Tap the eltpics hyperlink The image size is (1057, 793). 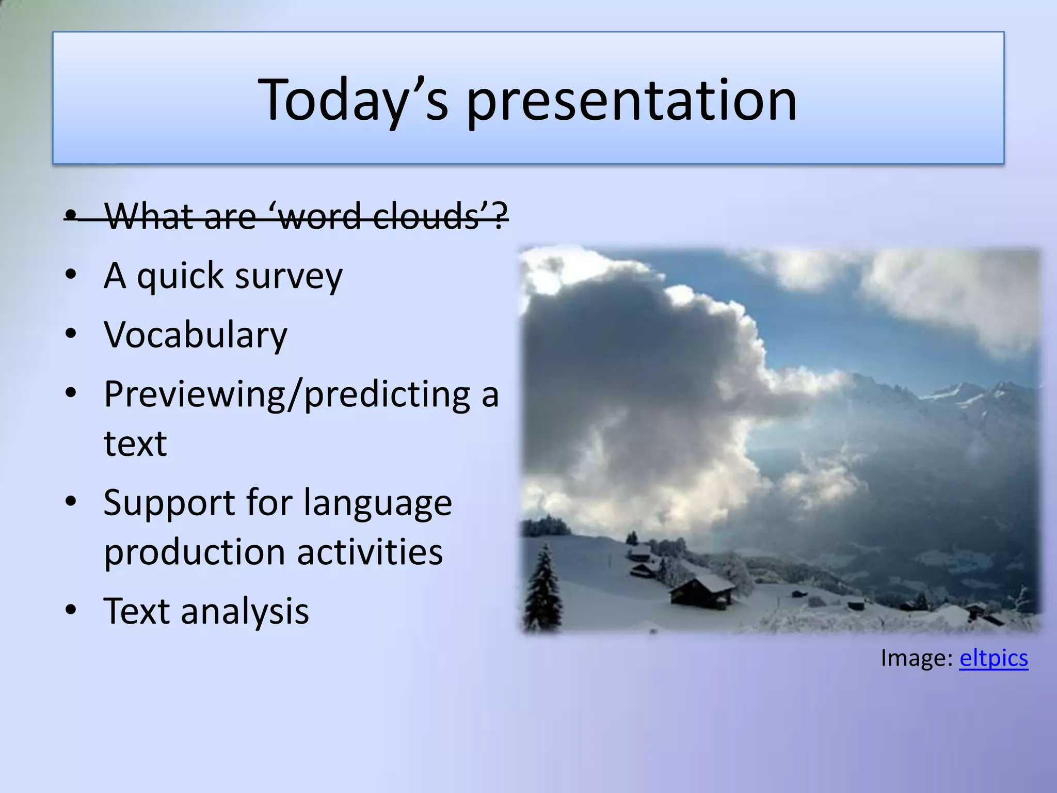coord(993,658)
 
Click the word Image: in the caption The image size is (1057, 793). coord(916,658)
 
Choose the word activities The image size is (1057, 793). coord(370,551)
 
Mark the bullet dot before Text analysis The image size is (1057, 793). coord(71,610)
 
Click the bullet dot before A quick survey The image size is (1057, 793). coord(71,275)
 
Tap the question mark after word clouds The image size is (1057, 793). coord(499,216)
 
